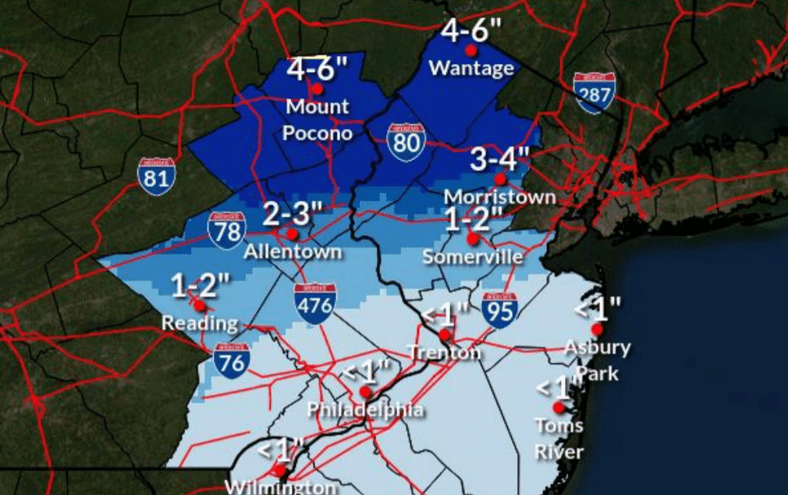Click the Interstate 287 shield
(x=594, y=93)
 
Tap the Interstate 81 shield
(x=156, y=177)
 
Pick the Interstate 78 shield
(x=226, y=230)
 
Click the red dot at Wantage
(x=470, y=50)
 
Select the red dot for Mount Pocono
(x=317, y=88)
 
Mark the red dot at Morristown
(x=500, y=179)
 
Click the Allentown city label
(x=293, y=252)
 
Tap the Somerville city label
(x=472, y=256)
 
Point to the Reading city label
(x=200, y=322)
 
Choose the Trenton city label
(x=444, y=353)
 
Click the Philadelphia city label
(x=365, y=410)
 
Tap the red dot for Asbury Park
(x=597, y=329)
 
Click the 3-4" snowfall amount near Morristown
(x=500, y=159)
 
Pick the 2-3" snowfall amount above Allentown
(x=293, y=212)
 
